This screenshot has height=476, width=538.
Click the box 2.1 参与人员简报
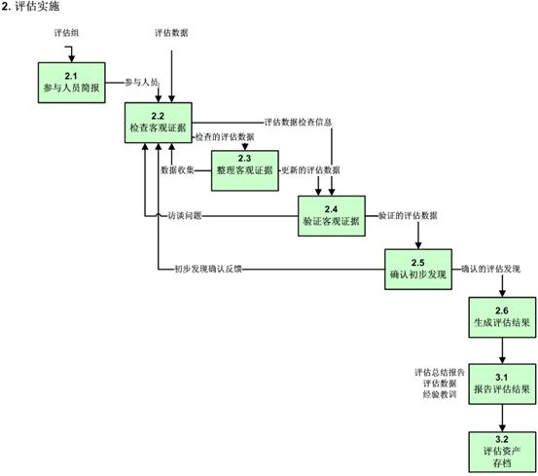[71, 83]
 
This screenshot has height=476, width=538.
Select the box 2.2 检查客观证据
[159, 123]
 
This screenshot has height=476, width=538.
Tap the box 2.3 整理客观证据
[244, 170]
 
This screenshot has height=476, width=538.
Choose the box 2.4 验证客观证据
[332, 216]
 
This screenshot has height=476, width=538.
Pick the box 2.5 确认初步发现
[418, 270]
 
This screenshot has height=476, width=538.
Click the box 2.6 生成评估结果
[502, 317]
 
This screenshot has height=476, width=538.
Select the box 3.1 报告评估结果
[502, 384]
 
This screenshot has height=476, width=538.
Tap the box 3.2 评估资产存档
[502, 452]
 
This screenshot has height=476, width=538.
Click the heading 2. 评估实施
[30, 6]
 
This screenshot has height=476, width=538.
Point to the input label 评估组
[66, 33]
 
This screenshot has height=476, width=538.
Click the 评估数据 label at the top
[171, 33]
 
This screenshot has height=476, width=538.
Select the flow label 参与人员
[141, 83]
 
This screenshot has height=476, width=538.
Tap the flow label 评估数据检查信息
[298, 123]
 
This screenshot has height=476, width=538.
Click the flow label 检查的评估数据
[225, 137]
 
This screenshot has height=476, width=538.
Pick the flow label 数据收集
[177, 170]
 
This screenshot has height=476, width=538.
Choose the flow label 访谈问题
[185, 216]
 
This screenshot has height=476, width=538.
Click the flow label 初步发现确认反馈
[208, 270]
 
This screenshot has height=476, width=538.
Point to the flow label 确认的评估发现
[490, 269]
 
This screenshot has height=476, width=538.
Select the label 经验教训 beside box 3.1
[440, 394]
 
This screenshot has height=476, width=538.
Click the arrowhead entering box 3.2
[502, 428]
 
